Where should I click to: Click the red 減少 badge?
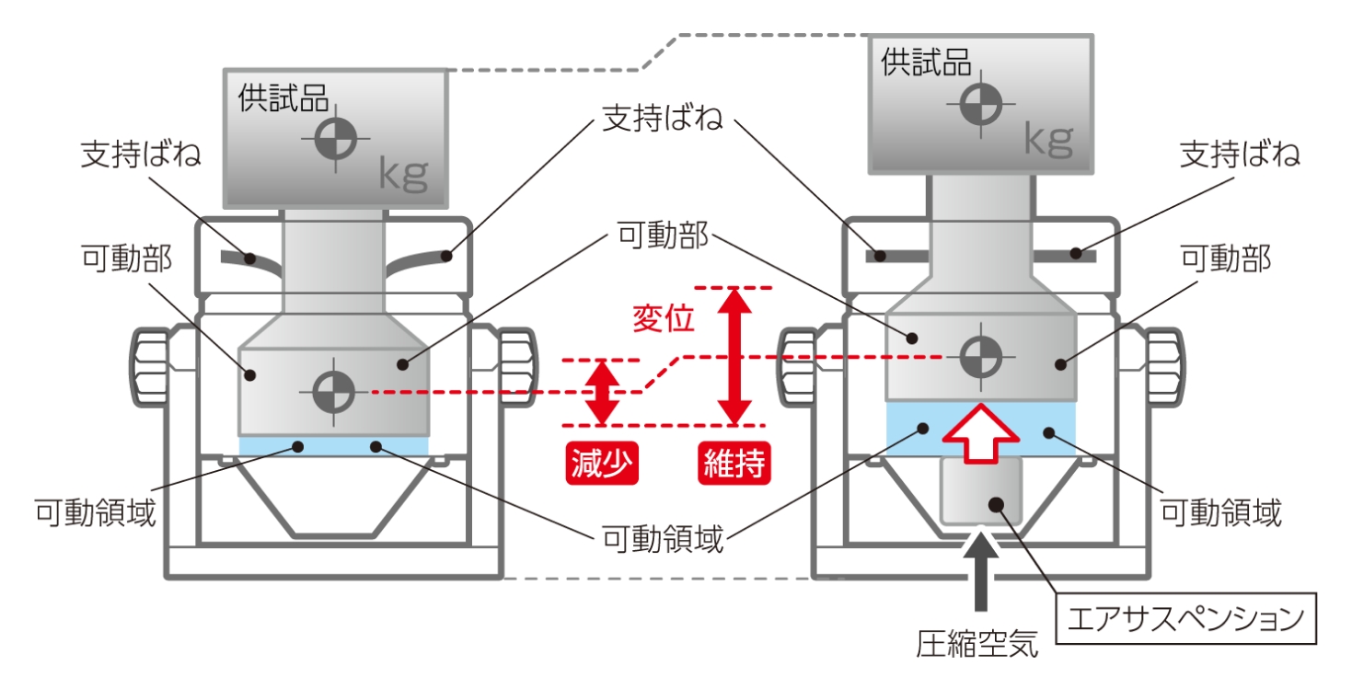[x=602, y=464]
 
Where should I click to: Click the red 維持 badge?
[x=734, y=464]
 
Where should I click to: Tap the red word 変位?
[x=664, y=318]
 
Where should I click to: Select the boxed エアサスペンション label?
[x=1185, y=618]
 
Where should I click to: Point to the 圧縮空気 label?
[x=977, y=644]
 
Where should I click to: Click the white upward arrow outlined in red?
[x=981, y=433]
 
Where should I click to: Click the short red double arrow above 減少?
[x=603, y=393]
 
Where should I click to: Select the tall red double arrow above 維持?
[x=734, y=357]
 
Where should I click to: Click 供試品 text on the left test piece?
[x=283, y=98]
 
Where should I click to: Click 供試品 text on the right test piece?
[x=926, y=63]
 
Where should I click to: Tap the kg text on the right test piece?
[x=1049, y=140]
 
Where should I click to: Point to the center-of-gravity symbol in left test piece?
[x=336, y=139]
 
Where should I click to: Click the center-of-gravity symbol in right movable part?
[x=981, y=357]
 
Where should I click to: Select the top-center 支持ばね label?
[x=663, y=118]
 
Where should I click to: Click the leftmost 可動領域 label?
[x=96, y=513]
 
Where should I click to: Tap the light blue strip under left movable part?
[x=334, y=446]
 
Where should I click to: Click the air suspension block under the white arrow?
[x=981, y=490]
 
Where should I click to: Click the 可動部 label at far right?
[x=1226, y=258]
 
